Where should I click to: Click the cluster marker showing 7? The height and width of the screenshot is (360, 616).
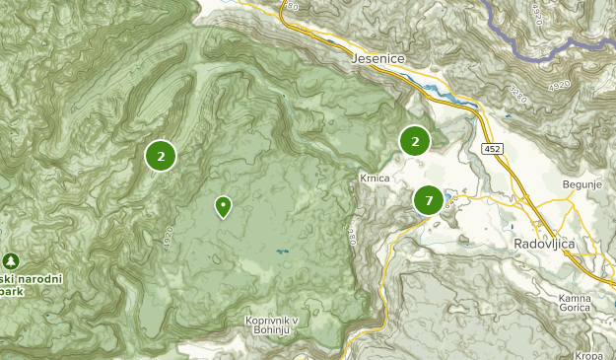click(428, 201)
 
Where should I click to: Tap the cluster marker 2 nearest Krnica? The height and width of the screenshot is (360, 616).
click(415, 142)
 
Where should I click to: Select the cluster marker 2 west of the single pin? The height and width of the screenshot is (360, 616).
click(161, 155)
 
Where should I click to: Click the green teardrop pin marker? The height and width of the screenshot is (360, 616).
click(223, 205)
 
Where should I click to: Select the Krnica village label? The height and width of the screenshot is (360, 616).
click(375, 179)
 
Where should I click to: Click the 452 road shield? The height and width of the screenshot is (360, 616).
click(493, 148)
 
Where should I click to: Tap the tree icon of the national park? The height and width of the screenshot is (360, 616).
click(11, 260)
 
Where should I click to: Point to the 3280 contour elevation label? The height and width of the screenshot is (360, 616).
click(351, 238)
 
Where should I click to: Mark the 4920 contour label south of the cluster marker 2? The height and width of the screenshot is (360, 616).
click(169, 238)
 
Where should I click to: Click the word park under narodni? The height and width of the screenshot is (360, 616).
click(12, 292)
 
